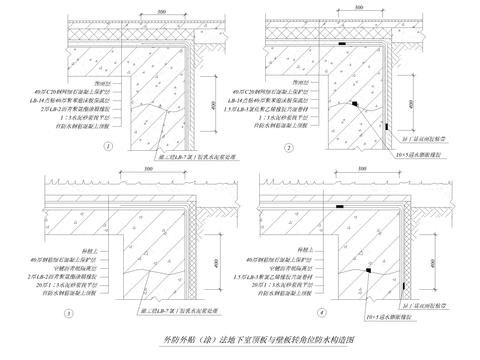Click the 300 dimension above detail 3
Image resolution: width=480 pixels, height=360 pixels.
click(x=147, y=174)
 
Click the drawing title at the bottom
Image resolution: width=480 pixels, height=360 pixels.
click(x=240, y=341)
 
